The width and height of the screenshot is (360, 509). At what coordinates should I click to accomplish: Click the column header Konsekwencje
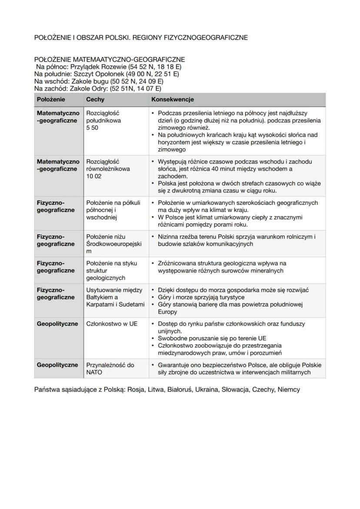(172, 100)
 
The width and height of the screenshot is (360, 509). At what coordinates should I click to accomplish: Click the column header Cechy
(95, 100)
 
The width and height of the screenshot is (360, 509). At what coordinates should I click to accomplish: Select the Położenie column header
(51, 100)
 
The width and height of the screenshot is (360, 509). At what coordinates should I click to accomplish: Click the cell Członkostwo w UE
(112, 324)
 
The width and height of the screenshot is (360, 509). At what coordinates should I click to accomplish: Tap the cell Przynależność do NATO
(110, 369)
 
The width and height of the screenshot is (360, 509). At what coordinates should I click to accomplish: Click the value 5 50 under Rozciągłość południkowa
(92, 128)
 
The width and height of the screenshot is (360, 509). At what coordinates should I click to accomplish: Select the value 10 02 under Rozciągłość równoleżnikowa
(93, 176)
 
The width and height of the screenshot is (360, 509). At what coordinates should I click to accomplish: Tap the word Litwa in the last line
(156, 389)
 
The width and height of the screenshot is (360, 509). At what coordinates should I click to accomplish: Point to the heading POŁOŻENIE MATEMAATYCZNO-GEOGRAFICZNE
(110, 60)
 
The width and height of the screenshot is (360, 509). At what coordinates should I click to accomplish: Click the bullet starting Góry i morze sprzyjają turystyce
(201, 297)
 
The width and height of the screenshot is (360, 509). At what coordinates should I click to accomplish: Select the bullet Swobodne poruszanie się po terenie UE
(212, 338)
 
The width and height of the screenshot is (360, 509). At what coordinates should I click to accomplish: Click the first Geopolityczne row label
(57, 324)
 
